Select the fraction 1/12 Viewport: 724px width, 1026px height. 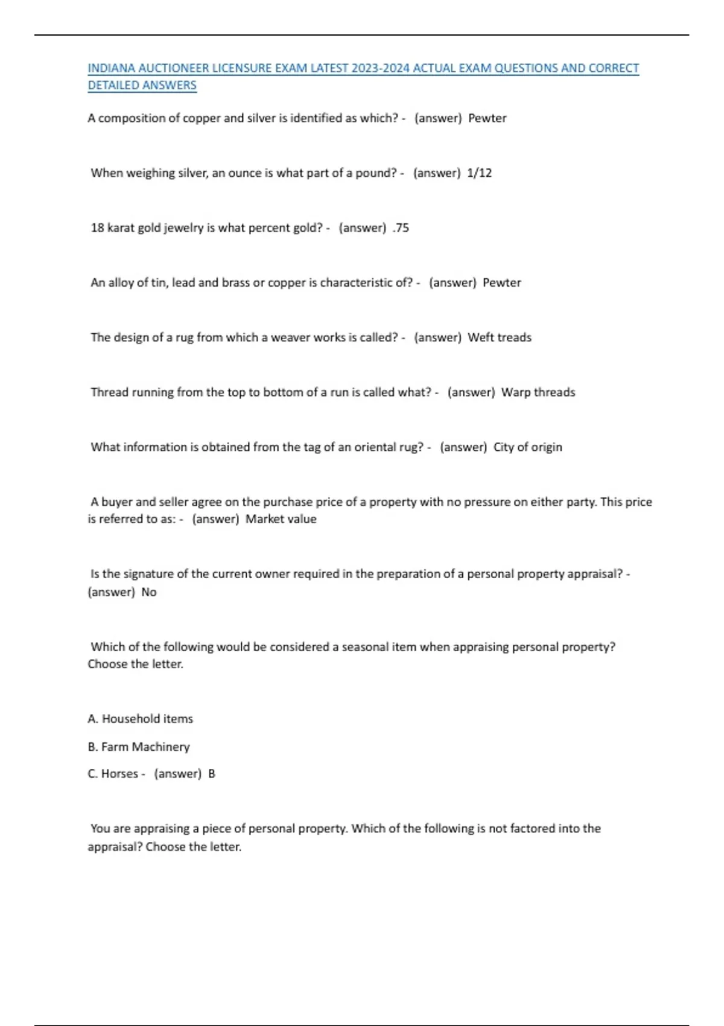480,173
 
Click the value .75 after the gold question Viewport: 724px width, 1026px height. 401,228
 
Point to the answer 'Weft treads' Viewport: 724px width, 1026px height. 500,337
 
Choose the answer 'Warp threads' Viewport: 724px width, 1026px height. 538,392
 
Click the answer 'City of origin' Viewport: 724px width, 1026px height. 528,447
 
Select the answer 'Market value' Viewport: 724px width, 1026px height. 281,519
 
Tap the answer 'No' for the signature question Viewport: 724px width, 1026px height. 149,592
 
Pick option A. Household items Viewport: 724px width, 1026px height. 140,719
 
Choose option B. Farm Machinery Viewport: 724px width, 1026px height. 139,747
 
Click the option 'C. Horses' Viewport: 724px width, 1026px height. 113,774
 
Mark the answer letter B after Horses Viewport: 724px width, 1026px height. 212,774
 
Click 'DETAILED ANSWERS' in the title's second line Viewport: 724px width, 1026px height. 142,86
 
